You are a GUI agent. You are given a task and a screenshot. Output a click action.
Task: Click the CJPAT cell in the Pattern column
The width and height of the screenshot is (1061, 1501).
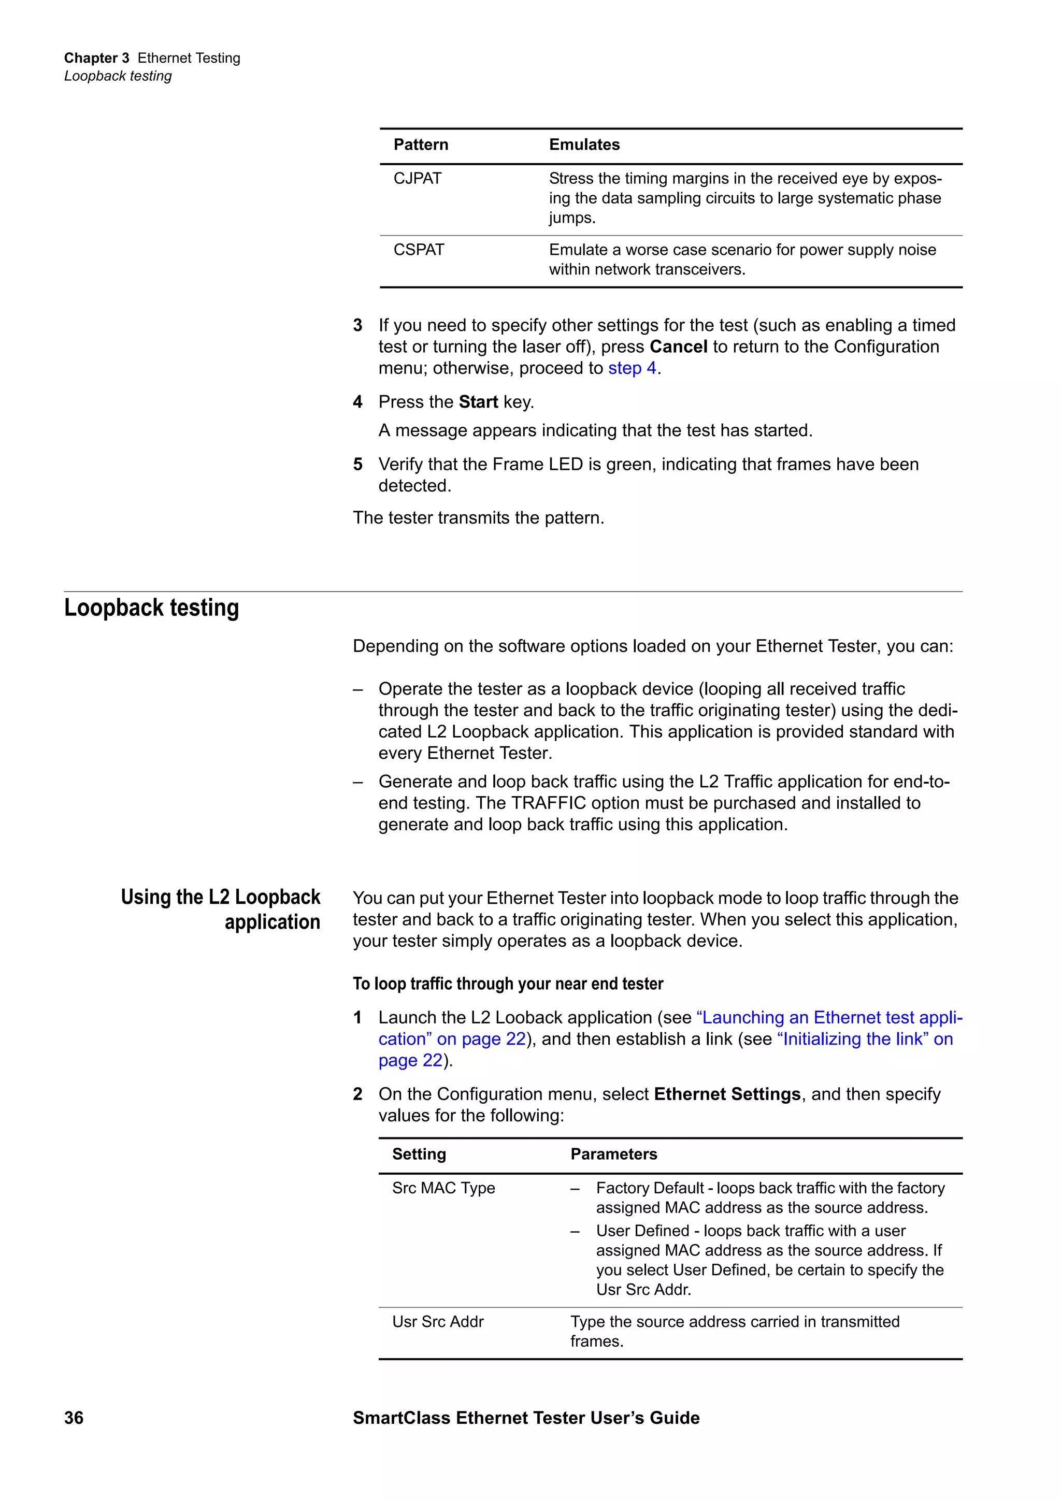tap(417, 179)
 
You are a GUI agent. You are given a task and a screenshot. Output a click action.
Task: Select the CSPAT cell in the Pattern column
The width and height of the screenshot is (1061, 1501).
tap(419, 250)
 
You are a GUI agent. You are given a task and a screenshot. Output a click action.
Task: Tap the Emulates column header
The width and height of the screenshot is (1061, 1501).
tap(584, 145)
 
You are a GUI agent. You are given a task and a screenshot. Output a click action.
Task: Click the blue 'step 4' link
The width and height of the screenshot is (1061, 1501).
tap(632, 368)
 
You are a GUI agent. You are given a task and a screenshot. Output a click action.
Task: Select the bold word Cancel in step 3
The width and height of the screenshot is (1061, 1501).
tap(678, 347)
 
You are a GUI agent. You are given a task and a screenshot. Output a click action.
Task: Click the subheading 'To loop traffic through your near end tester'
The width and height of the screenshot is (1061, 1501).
tap(507, 984)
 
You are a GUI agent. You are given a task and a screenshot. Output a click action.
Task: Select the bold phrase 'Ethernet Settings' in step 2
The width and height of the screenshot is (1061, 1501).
tap(727, 1094)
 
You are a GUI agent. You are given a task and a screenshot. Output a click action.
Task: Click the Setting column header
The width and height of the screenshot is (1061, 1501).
tap(419, 1154)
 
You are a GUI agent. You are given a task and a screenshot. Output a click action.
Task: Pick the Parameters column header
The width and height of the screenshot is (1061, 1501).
tap(613, 1154)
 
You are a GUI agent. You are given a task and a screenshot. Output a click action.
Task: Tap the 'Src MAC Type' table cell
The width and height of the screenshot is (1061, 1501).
tap(443, 1188)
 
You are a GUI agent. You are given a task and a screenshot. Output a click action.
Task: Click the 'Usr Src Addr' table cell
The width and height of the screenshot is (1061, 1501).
tap(437, 1322)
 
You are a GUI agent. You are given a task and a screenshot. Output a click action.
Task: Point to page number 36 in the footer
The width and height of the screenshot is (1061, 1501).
tap(74, 1417)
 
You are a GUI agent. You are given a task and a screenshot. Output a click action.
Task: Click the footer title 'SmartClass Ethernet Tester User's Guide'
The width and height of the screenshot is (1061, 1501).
tap(526, 1417)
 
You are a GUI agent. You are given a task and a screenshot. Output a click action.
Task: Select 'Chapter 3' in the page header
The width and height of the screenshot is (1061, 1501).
tap(96, 58)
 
